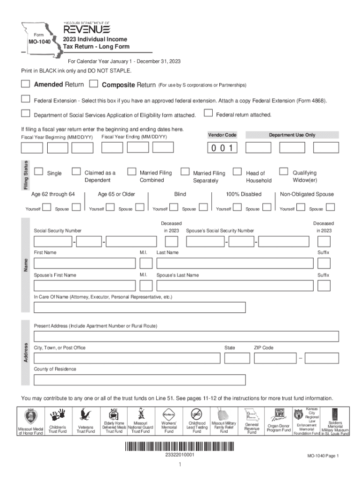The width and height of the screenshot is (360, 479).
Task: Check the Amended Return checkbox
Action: [x=25, y=84]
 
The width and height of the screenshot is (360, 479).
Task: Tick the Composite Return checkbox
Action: [x=94, y=84]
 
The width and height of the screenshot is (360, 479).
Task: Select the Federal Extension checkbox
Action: [x=25, y=99]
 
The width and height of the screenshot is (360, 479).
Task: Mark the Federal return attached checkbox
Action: [x=209, y=113]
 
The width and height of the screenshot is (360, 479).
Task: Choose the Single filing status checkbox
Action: [x=39, y=172]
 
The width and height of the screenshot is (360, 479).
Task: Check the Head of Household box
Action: [x=238, y=172]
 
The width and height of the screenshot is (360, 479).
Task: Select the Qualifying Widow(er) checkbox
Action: [x=283, y=172]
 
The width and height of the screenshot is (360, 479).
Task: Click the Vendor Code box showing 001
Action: [x=223, y=148]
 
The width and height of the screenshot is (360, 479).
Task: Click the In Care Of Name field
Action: [x=139, y=307]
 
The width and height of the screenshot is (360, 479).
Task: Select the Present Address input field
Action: [x=186, y=336]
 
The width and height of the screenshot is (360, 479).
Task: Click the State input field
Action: [x=236, y=358]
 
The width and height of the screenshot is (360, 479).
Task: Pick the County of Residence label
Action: [x=55, y=369]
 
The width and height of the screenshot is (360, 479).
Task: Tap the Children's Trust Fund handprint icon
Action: [x=58, y=415]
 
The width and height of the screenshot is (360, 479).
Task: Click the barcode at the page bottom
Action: [x=180, y=446]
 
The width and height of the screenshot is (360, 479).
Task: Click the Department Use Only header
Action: [x=292, y=135]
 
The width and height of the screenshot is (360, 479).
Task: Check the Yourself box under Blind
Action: [x=173, y=207]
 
